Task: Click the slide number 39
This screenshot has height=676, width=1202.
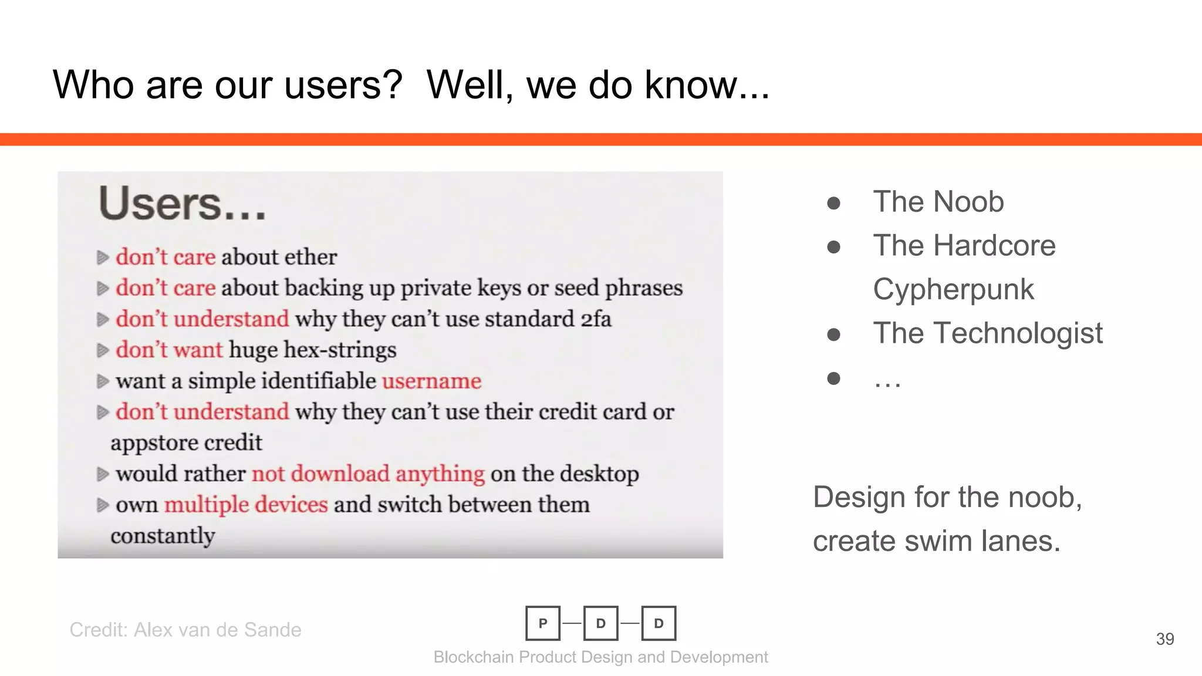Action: tap(1164, 639)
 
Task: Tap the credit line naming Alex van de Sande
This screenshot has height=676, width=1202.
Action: tap(185, 630)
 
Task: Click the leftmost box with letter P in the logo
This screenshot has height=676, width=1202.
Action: tap(543, 623)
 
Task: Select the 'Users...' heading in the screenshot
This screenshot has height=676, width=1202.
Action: tap(183, 204)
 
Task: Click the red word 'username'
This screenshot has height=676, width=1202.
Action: tap(431, 381)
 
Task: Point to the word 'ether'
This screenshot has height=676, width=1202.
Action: tap(310, 257)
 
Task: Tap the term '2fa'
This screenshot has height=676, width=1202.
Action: tap(596, 319)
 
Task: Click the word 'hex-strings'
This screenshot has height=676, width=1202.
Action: tap(340, 350)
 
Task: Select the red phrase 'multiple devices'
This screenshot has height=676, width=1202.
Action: tap(245, 505)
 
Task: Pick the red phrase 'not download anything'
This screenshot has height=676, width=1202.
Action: tap(368, 474)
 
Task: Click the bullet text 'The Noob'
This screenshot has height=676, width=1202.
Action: tap(938, 202)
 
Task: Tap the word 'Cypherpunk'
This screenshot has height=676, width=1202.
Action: tap(953, 289)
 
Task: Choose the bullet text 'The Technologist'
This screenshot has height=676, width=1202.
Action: tap(988, 333)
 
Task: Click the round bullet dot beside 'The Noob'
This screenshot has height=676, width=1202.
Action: tap(833, 203)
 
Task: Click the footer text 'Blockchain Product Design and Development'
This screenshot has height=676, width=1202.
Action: tap(600, 657)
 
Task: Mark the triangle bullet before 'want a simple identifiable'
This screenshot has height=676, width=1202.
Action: tap(103, 381)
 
